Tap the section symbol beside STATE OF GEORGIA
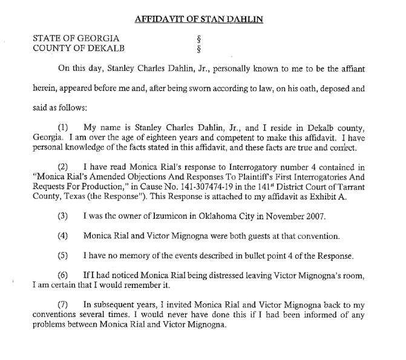[191, 38]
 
